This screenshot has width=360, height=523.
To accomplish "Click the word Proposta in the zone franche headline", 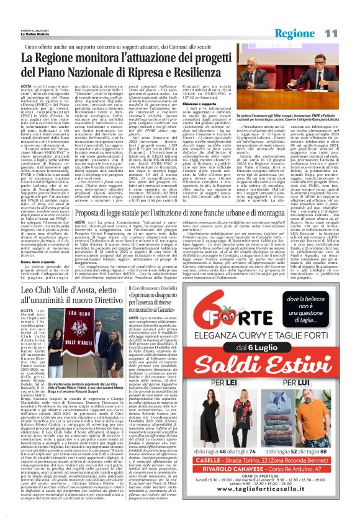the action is (91, 214).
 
